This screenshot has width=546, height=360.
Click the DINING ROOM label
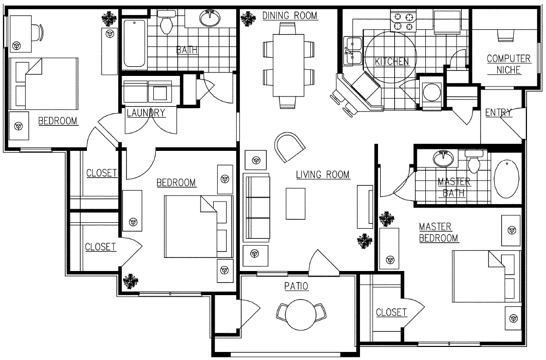pos(290,16)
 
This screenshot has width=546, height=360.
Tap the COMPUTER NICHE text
pos(508,64)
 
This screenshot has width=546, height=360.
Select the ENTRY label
pos(498,113)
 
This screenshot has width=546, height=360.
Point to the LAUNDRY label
pos(146,113)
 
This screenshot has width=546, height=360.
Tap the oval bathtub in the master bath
pos(508,181)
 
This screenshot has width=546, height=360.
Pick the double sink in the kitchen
pos(353,51)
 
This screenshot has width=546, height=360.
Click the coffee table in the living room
pos(296,203)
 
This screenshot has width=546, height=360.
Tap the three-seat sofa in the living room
pos(256,207)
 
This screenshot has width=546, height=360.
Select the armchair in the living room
pos(290,146)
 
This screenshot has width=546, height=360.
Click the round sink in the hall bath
pos(210,19)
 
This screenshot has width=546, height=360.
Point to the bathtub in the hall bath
pos(134,43)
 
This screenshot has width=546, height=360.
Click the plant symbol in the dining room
pos(247,19)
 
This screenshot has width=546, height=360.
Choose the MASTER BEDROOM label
pos(438,232)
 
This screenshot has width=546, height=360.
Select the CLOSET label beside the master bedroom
pos(391,312)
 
